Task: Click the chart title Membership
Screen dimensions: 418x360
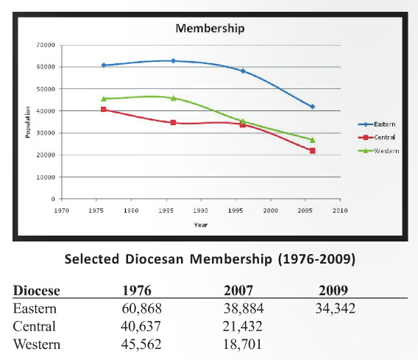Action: tap(210, 29)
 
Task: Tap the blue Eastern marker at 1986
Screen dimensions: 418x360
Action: tap(173, 61)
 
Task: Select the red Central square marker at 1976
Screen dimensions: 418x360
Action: tap(104, 110)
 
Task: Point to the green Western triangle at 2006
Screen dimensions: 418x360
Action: tap(313, 140)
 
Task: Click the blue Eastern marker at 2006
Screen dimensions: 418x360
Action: tap(313, 107)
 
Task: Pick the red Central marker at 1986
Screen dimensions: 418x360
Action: tap(173, 122)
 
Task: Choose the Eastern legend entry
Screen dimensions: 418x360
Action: tap(377, 124)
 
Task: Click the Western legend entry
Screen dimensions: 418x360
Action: tap(378, 151)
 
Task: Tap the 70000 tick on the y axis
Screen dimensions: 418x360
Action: tap(46, 45)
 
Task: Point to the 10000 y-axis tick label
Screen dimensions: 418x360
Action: tap(46, 177)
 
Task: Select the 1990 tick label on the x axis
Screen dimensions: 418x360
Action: tap(201, 211)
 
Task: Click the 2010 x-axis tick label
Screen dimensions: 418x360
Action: tap(340, 211)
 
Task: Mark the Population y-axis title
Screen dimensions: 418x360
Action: tap(28, 122)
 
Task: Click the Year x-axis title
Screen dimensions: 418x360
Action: tap(201, 225)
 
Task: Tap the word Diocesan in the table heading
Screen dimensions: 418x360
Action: tap(155, 259)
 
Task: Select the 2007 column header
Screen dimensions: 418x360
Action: tap(238, 290)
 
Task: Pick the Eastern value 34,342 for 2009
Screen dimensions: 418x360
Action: tap(336, 308)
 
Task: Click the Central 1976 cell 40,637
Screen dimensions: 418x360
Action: tap(141, 326)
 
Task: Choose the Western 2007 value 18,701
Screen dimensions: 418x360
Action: tap(242, 344)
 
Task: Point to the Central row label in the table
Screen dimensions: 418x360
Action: tap(35, 326)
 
